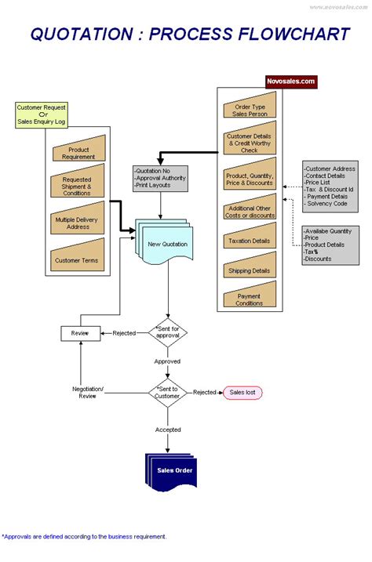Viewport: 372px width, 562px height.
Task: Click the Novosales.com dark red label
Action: tap(291, 81)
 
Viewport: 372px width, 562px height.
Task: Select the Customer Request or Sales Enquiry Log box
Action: tap(42, 114)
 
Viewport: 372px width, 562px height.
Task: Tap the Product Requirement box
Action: tap(78, 152)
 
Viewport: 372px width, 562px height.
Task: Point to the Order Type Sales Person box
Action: tap(250, 109)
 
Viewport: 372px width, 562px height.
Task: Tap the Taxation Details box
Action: tap(250, 242)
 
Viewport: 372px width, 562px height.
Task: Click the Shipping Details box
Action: tap(250, 270)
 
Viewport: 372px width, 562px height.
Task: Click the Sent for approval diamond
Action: tap(168, 333)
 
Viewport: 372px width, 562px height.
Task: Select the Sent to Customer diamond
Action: tap(168, 392)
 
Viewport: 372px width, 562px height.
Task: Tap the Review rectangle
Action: tap(80, 333)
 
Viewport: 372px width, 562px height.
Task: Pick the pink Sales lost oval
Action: tap(243, 392)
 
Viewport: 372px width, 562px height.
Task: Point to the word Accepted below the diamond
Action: tap(168, 430)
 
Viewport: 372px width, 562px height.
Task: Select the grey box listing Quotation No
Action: tap(161, 179)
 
